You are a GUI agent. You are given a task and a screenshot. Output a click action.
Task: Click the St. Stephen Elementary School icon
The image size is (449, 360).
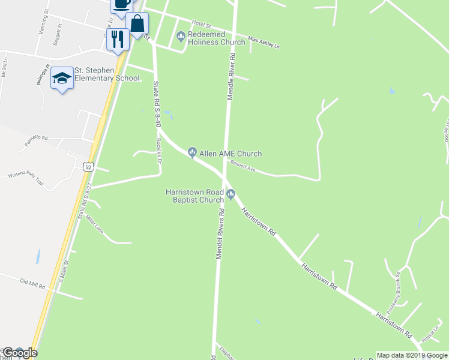pos(62,78)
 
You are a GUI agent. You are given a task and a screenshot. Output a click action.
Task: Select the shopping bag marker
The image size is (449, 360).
pos(137,25)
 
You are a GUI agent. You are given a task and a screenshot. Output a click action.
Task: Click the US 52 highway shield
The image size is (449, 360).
pos(88,167)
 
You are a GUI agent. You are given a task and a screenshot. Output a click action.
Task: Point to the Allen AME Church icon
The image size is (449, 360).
pos(193,152)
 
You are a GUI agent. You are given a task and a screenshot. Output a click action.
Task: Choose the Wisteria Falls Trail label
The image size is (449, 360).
pos(25,175)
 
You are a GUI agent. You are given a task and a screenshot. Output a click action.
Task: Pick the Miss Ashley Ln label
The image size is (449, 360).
pos(264,43)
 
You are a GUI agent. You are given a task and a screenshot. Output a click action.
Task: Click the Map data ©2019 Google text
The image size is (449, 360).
pos(412,355)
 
